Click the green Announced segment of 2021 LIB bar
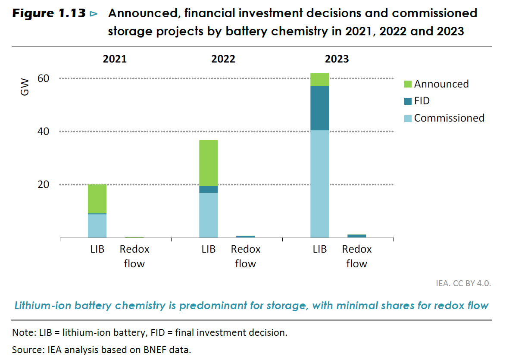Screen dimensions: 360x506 97,199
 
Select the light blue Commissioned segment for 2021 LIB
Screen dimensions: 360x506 97,225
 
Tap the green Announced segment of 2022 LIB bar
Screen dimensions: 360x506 208,163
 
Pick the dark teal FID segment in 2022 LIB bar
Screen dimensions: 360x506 208,189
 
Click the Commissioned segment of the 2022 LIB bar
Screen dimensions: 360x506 208,215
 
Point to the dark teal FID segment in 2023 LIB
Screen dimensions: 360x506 319,108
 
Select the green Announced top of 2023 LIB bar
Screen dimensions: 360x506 319,79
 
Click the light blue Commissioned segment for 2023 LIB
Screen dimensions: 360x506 319,184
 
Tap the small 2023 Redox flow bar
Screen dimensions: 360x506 356,235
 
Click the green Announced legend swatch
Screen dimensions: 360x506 407,84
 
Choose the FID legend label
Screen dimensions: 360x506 422,101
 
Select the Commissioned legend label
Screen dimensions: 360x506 449,118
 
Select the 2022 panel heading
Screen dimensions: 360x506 223,59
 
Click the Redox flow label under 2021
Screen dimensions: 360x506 134,257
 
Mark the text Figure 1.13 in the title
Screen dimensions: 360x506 49,14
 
